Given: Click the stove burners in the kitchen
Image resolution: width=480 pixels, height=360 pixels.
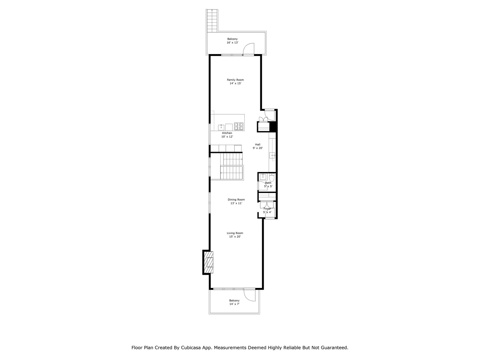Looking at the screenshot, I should tap(239, 126).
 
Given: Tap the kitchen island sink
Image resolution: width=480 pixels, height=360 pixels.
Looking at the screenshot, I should tap(221, 127).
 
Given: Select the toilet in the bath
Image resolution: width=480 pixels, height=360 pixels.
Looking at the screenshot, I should tap(272, 178).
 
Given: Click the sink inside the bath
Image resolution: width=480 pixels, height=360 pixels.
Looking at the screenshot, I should tap(263, 177).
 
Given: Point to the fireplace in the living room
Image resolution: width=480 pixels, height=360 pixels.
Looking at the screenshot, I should tap(208, 262).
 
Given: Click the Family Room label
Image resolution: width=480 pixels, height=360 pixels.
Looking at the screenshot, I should tap(235, 80).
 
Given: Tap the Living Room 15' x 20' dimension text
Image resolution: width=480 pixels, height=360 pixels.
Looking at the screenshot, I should tap(235, 237).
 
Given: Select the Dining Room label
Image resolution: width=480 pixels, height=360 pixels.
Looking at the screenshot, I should tap(236, 200).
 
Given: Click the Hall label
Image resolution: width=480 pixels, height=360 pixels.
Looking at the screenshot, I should tap(258, 144).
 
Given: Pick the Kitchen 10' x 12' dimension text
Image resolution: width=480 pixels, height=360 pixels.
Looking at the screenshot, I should tap(227, 137).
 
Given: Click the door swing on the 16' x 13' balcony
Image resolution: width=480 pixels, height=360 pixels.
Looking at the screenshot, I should tap(249, 49).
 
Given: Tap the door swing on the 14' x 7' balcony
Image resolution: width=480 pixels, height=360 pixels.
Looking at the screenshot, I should tap(249, 294).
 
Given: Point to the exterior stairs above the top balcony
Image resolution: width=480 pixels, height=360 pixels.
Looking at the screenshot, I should tap(212, 20).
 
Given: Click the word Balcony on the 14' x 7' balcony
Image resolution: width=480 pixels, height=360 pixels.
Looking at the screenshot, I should tap(234, 300).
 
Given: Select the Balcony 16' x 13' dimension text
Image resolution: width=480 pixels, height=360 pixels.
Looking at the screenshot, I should tap(232, 43).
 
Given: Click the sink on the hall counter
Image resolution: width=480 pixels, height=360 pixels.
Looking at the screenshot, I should tap(272, 155).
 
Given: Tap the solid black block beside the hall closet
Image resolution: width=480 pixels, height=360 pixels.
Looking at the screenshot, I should tap(273, 127).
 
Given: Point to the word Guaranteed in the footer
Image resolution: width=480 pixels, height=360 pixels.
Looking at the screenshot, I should tap(334, 348).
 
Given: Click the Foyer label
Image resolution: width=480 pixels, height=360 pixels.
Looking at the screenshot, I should tap(267, 209).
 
